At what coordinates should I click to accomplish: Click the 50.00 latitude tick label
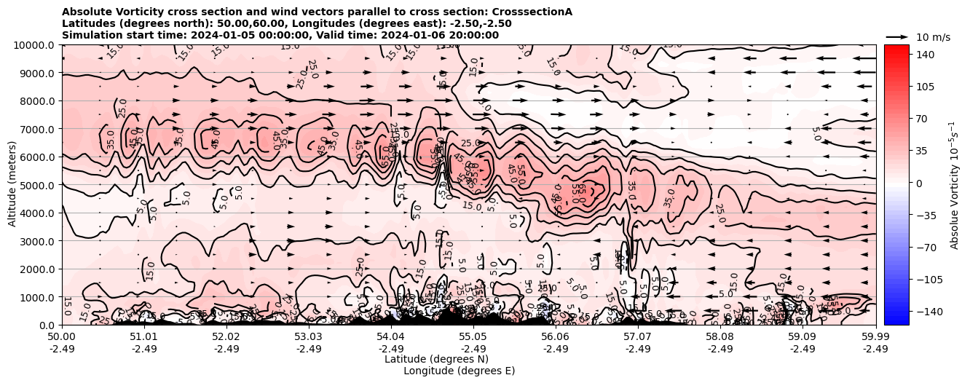coord(62,337)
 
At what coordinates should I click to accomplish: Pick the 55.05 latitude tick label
coord(473,337)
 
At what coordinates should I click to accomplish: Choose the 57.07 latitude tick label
coord(638,337)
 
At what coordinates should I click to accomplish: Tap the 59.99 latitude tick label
coord(875,337)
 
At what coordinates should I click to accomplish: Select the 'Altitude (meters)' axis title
coord(13,185)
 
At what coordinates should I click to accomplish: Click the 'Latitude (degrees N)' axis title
coord(436,359)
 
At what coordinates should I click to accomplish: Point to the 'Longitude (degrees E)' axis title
coord(459,371)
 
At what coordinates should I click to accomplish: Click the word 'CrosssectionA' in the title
coord(532,12)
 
